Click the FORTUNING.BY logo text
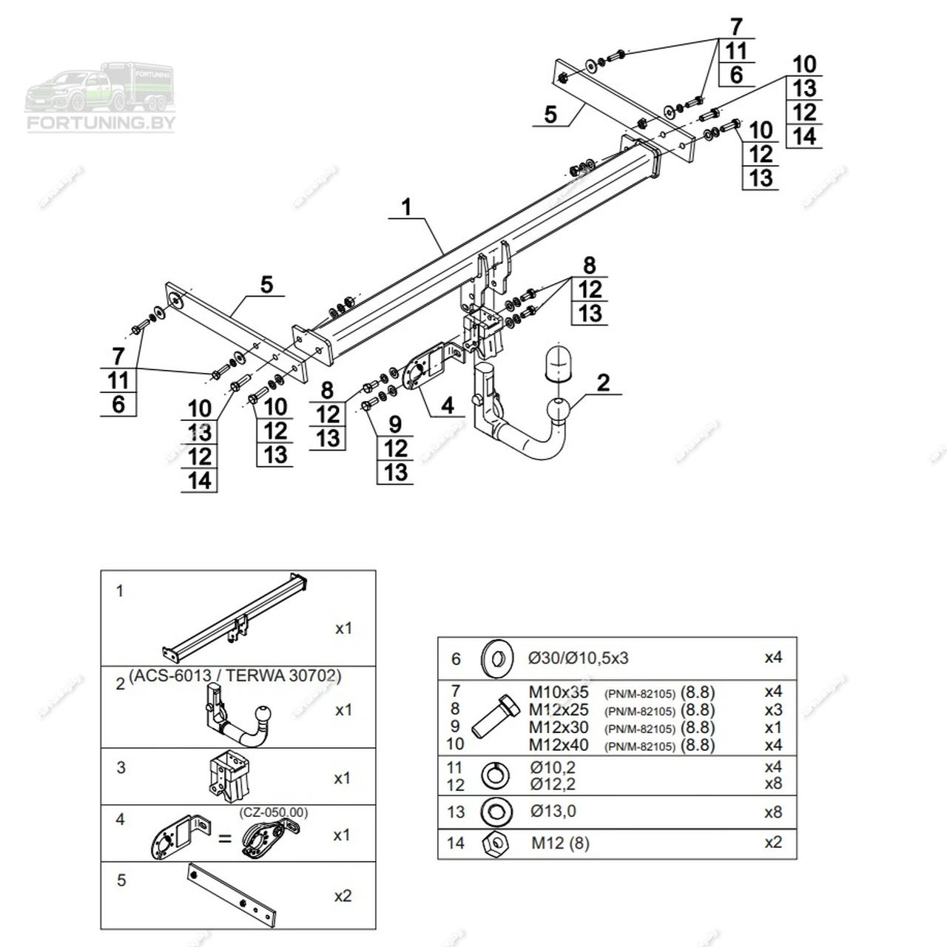[101, 123]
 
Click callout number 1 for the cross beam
[406, 207]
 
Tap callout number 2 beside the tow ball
[604, 382]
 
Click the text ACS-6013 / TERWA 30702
[235, 675]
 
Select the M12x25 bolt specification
[559, 710]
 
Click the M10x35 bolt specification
[559, 692]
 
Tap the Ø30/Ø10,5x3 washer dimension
[578, 658]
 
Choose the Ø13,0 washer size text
[553, 811]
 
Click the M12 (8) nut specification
[560, 843]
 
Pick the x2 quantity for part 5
[343, 896]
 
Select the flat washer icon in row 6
[497, 658]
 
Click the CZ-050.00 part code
[273, 812]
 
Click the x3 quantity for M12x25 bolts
[773, 710]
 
